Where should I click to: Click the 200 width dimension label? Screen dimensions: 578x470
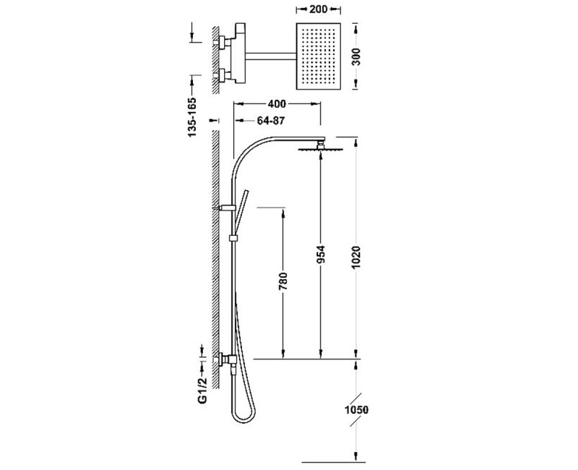click(x=319, y=9)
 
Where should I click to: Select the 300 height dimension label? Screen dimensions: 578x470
click(x=356, y=57)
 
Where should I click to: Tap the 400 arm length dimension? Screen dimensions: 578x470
click(x=277, y=104)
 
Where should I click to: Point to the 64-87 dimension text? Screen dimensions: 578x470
click(x=271, y=121)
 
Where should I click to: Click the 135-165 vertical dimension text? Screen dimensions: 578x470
click(x=192, y=117)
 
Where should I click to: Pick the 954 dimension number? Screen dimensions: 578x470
click(x=321, y=255)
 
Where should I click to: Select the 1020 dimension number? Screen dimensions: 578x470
click(x=356, y=257)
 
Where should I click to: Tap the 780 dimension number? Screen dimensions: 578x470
click(x=282, y=282)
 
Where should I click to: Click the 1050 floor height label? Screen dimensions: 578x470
click(x=356, y=410)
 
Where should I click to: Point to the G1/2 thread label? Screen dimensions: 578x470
click(x=202, y=390)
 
